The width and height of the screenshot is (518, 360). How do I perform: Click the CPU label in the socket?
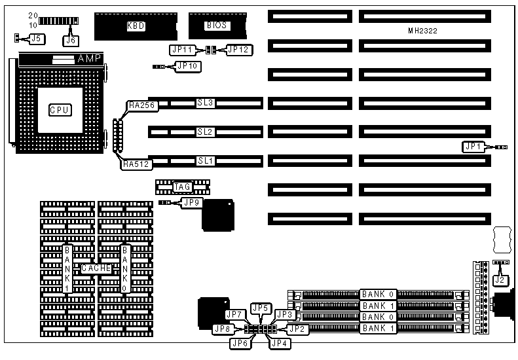[x=60, y=110]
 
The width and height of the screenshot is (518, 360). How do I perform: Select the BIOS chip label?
[x=217, y=26]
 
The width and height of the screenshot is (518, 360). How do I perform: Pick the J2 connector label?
[x=500, y=279]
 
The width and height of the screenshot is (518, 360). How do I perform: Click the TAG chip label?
[x=182, y=187]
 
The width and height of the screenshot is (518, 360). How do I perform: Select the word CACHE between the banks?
[x=96, y=268]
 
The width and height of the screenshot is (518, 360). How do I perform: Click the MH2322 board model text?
[x=423, y=31]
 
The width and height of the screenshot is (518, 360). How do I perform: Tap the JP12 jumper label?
[x=238, y=49]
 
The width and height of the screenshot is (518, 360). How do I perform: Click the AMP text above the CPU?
[x=89, y=59]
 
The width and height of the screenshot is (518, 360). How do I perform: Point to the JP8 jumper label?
[x=223, y=329]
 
